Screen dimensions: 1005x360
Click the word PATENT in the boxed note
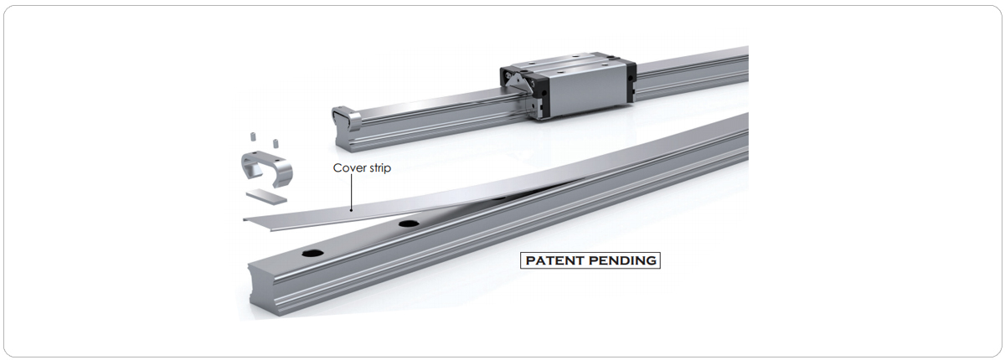click(x=554, y=260)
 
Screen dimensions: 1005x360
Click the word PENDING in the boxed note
click(x=622, y=260)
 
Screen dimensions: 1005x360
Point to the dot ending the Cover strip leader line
click(x=351, y=209)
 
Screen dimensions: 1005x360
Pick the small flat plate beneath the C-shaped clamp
click(x=266, y=197)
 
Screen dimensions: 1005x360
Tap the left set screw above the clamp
click(x=252, y=136)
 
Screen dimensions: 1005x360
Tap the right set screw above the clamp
click(x=275, y=143)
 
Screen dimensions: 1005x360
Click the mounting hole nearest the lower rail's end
click(x=312, y=253)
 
